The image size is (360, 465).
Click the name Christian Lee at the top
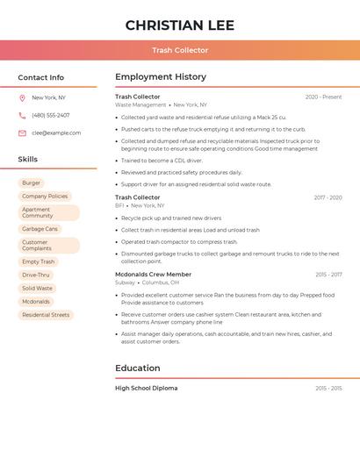(x=180, y=25)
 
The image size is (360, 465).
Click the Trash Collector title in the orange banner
(x=180, y=50)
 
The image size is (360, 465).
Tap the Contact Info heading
(x=40, y=77)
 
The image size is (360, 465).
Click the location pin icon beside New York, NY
(x=22, y=97)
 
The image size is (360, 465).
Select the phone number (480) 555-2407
(x=50, y=115)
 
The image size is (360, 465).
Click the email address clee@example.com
(x=56, y=132)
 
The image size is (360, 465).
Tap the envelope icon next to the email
(x=22, y=132)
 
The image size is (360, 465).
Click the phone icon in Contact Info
(x=22, y=115)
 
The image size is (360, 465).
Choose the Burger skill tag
(x=31, y=182)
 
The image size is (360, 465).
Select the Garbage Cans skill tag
(x=40, y=229)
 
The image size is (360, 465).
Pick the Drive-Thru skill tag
(x=36, y=275)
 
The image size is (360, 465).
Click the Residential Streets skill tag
(x=46, y=314)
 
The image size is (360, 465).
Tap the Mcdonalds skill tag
(x=36, y=301)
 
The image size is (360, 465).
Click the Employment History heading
(x=161, y=77)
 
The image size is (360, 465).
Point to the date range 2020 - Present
(x=323, y=97)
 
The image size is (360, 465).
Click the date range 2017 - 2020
(x=328, y=197)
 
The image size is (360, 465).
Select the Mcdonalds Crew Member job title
(x=153, y=275)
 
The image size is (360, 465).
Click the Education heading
(x=138, y=368)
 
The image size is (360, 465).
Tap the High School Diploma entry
(x=146, y=388)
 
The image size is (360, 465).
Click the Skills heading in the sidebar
(x=27, y=159)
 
